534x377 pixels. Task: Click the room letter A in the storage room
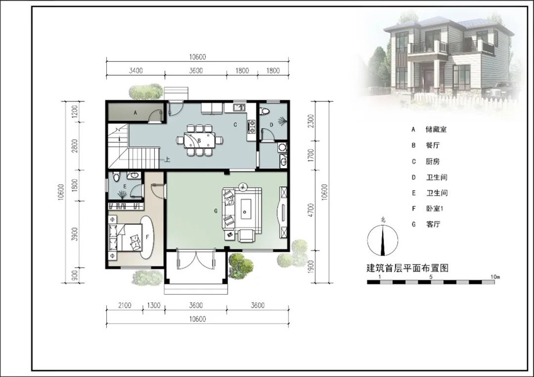pos(135,113)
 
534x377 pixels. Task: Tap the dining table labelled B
pos(199,140)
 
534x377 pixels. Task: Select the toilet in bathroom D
pos(264,111)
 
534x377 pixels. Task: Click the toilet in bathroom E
pos(116,176)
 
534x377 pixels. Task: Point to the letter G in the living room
pos(215,211)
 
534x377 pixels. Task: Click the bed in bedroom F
pos(130,238)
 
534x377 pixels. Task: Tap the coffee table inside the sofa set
pos(246,209)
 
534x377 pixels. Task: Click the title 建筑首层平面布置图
pos(407,268)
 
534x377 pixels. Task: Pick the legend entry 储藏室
pos(436,129)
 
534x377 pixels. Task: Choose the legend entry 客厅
pos(433,224)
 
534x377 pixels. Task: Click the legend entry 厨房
pos(433,161)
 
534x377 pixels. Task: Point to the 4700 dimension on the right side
pos(310,210)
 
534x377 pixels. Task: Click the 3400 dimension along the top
pos(135,71)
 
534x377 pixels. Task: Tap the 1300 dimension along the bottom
pos(154,305)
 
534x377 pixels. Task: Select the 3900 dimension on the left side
pos(75,234)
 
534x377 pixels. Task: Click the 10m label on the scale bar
pos(495,277)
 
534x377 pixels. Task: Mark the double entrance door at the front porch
pos(196,258)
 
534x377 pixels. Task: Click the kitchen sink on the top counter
pos(239,108)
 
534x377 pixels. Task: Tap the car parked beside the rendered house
pos(501,90)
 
